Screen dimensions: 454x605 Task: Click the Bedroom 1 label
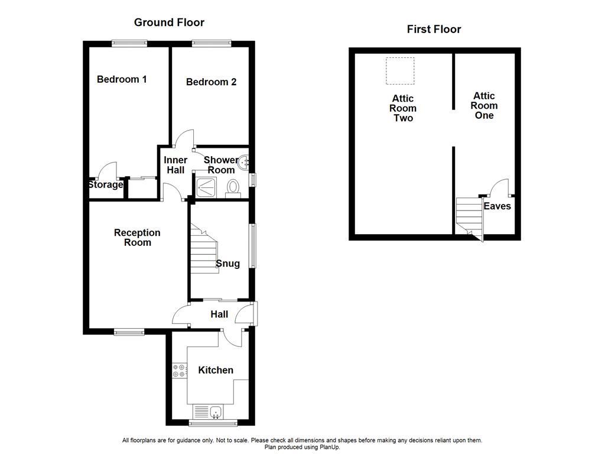pyautogui.click(x=122, y=79)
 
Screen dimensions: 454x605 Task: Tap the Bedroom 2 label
pyautogui.click(x=211, y=82)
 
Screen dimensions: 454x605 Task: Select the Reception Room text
pyautogui.click(x=137, y=238)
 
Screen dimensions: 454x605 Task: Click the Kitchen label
pyautogui.click(x=215, y=370)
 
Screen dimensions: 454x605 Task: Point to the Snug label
pyautogui.click(x=227, y=264)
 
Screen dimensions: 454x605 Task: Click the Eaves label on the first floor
pyautogui.click(x=497, y=206)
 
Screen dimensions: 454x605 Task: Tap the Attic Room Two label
pyautogui.click(x=403, y=108)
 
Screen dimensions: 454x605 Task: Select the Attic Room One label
pyautogui.click(x=484, y=106)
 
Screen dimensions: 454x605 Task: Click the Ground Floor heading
pyautogui.click(x=169, y=22)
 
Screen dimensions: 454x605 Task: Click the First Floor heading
pyautogui.click(x=434, y=29)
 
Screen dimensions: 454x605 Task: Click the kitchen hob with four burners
pyautogui.click(x=178, y=371)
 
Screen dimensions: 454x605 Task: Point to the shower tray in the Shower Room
pyautogui.click(x=207, y=186)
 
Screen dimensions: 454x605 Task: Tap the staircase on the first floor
pyautogui.click(x=470, y=216)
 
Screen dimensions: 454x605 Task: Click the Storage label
pyautogui.click(x=106, y=185)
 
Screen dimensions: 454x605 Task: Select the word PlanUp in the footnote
pyautogui.click(x=328, y=447)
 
